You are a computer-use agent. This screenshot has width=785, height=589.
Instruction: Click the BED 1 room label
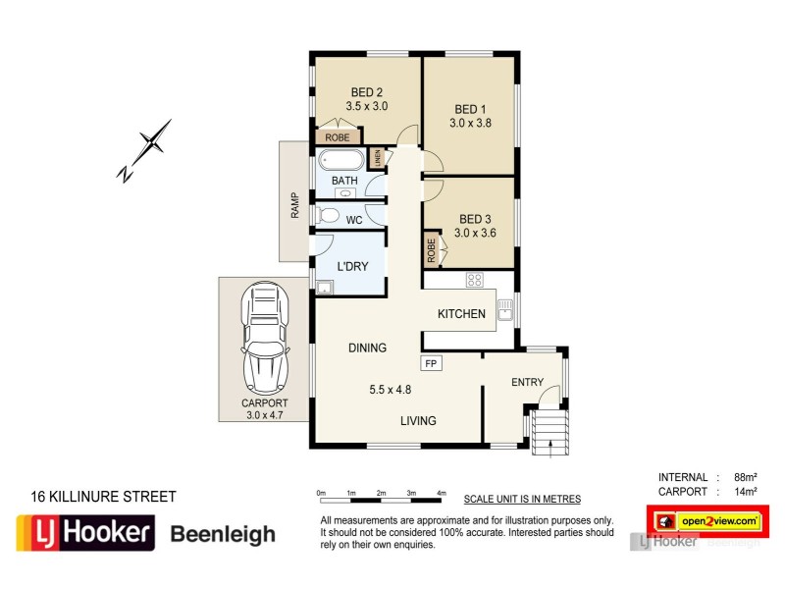[x=469, y=109]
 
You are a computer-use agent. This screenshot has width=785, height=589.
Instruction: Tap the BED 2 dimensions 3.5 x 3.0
[x=368, y=106]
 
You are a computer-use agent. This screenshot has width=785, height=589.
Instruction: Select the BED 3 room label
[x=474, y=219]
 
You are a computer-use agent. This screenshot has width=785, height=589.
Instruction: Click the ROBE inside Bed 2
[x=338, y=137]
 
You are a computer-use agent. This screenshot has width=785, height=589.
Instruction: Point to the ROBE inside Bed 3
[x=431, y=250]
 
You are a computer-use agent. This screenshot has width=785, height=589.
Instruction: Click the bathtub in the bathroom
[x=341, y=159]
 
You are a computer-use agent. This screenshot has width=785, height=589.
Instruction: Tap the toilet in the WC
[x=328, y=215]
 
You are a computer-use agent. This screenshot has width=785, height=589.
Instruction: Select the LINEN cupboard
[x=375, y=158]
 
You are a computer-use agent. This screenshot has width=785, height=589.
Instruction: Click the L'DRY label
[x=351, y=267]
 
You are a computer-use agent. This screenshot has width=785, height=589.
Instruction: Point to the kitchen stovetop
[x=474, y=279]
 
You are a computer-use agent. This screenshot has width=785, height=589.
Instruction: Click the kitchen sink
[x=505, y=312]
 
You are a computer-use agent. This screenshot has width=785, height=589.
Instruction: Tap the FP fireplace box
[x=430, y=362]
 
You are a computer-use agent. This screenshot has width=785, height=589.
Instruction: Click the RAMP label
[x=293, y=204]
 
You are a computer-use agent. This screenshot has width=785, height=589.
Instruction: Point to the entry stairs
[x=549, y=433]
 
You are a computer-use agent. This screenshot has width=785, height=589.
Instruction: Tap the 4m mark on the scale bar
[x=441, y=492]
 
